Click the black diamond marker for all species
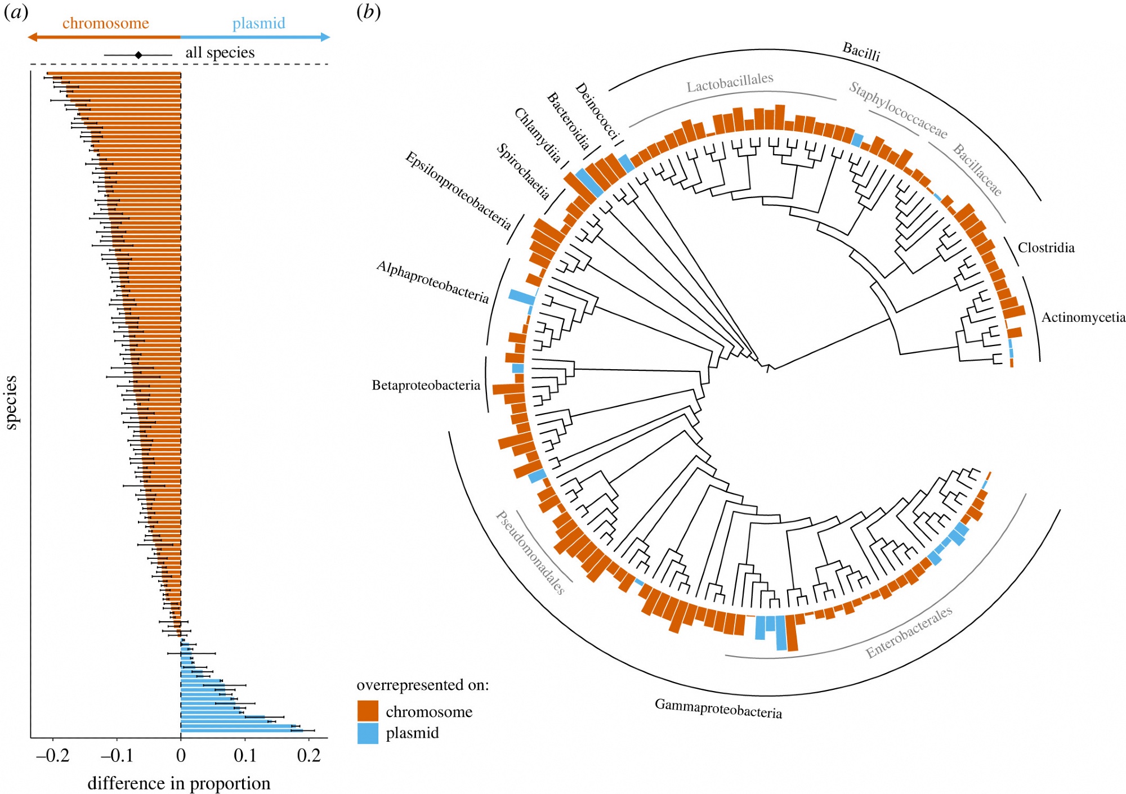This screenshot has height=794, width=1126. [138, 55]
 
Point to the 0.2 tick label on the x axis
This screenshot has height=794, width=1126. [309, 755]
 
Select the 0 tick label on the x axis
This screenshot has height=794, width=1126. [181, 755]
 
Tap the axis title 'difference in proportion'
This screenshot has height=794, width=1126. [178, 783]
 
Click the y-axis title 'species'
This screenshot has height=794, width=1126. [11, 402]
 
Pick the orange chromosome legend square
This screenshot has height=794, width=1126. [368, 711]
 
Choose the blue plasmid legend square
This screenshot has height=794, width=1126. [368, 733]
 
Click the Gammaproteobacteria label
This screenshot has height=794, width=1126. [718, 708]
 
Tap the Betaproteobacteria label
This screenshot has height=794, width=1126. [426, 385]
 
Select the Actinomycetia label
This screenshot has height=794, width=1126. [1083, 317]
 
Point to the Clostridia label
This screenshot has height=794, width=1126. [1045, 248]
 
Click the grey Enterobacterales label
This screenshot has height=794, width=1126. [909, 632]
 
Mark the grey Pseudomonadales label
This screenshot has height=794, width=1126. [530, 553]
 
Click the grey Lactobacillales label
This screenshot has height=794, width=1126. [730, 83]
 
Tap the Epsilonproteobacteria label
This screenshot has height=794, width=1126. [458, 191]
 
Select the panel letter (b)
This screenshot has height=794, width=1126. [369, 12]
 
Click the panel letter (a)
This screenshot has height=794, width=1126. [16, 12]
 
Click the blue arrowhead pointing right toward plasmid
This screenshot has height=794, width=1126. [325, 37]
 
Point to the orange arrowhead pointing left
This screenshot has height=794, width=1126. [32, 37]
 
